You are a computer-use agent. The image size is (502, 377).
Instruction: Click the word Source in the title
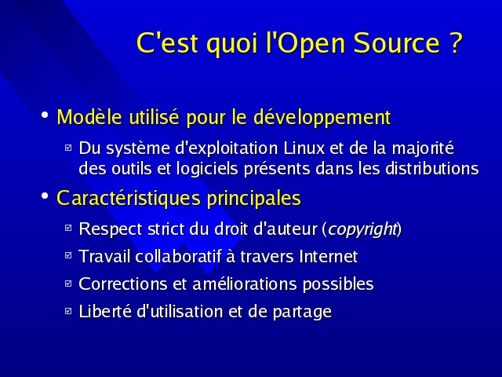point(397,43)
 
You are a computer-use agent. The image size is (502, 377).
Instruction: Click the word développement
point(322,118)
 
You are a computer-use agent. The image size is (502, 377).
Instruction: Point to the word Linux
point(304,148)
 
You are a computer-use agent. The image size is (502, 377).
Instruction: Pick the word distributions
point(432,169)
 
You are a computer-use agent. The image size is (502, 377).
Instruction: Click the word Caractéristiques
point(129,199)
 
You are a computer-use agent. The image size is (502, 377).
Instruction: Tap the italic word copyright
point(362,229)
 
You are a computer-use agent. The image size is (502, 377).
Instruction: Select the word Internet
point(328,257)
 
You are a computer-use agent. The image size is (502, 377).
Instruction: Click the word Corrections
point(123,284)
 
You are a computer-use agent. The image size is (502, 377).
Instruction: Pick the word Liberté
point(105,311)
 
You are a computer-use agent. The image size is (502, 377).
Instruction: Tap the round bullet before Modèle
point(45,115)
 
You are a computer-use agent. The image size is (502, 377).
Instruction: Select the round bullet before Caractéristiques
point(45,196)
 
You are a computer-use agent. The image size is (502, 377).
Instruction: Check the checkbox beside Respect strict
point(68,228)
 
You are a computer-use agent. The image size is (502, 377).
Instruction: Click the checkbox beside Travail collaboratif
point(68,255)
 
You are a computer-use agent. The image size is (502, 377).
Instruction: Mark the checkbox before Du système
point(68,148)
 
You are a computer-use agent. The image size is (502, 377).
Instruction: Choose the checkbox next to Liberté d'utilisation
point(68,311)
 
